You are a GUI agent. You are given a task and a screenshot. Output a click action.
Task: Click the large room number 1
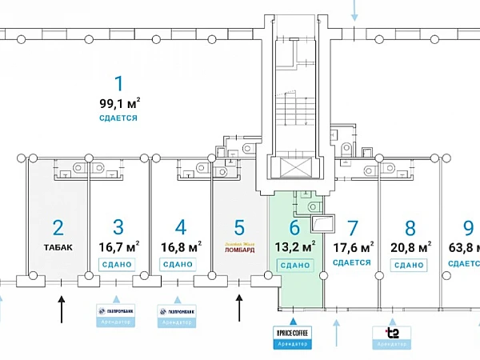click(x=119, y=83)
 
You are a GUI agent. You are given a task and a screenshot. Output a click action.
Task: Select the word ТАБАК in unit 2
click(x=58, y=246)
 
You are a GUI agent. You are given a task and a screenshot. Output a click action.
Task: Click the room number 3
click(x=118, y=227)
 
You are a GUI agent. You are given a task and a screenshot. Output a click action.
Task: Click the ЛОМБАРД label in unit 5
click(x=238, y=248)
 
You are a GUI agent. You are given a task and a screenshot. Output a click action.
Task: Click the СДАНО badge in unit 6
click(x=296, y=264)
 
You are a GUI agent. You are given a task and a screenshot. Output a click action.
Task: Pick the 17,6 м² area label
click(x=355, y=246)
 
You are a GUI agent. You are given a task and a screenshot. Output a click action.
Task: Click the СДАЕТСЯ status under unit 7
click(x=351, y=262)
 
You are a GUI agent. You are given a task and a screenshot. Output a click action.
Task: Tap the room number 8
click(x=410, y=227)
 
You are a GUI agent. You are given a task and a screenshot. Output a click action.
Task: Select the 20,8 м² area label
click(x=409, y=246)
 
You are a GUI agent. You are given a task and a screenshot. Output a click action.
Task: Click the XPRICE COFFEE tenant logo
click(x=291, y=332)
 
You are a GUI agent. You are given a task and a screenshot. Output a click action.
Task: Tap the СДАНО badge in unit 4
click(x=178, y=264)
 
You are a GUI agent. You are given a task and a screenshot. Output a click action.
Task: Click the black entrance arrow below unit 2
click(x=61, y=306)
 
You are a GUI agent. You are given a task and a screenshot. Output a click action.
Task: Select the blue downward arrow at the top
click(x=356, y=11)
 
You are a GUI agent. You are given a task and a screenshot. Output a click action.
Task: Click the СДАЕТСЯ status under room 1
click(x=118, y=118)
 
